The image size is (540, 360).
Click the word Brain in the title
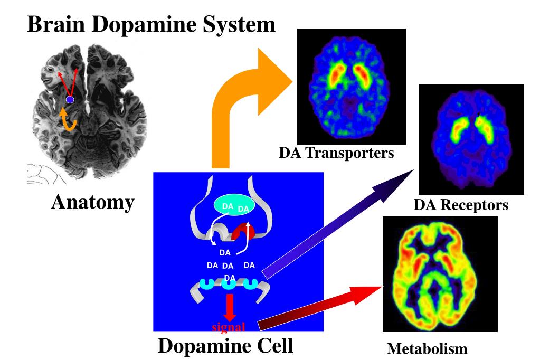click(56, 24)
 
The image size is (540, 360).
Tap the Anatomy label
click(93, 202)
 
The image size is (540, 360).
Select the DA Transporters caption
click(336, 153)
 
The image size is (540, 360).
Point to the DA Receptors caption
click(461, 205)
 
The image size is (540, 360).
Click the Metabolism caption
click(427, 348)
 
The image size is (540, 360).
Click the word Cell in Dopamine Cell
click(274, 345)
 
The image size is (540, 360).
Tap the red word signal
click(229, 327)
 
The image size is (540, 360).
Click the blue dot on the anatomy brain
click(70, 100)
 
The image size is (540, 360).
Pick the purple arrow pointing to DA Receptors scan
click(337, 224)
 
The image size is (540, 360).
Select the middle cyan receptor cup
click(229, 283)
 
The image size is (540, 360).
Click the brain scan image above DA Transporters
click(351, 87)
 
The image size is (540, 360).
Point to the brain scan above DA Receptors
click(471, 139)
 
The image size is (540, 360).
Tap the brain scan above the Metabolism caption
click(440, 274)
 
